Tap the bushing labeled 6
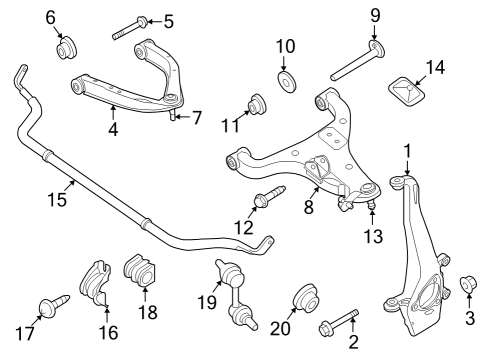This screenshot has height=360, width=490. click(x=68, y=47)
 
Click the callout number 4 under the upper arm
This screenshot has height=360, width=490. click(x=113, y=128)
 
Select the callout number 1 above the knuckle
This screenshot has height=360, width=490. click(x=407, y=152)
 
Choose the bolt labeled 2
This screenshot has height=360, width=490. click(x=340, y=323)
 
